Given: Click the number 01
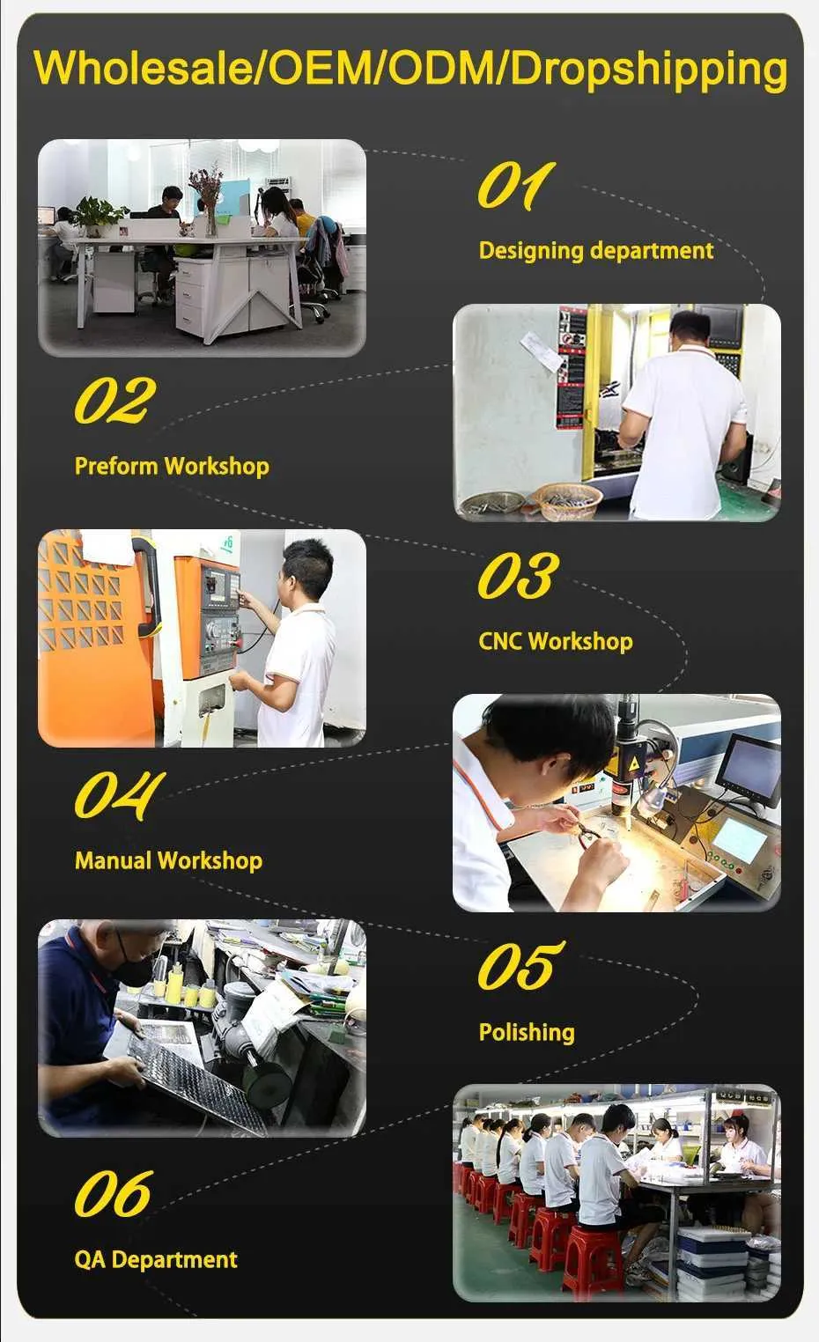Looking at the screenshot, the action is [x=516, y=186].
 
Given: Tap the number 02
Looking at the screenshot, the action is [x=115, y=400].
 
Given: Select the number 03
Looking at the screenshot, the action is [x=518, y=574].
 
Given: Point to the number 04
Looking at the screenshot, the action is [x=119, y=795].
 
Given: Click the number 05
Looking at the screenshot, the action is [x=520, y=965].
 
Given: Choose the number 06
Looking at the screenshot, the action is [x=114, y=1193].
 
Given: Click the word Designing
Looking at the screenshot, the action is [x=531, y=251].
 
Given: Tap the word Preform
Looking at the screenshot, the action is [x=116, y=466].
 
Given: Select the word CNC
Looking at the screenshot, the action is [x=501, y=641].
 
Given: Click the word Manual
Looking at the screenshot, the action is [x=114, y=860].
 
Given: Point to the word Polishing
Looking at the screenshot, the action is [x=527, y=1032].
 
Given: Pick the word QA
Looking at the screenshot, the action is [x=91, y=1259].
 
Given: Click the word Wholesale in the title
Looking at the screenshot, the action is [x=144, y=68].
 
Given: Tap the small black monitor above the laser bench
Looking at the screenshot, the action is [x=749, y=770].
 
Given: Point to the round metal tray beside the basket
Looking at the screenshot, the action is [x=491, y=505].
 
